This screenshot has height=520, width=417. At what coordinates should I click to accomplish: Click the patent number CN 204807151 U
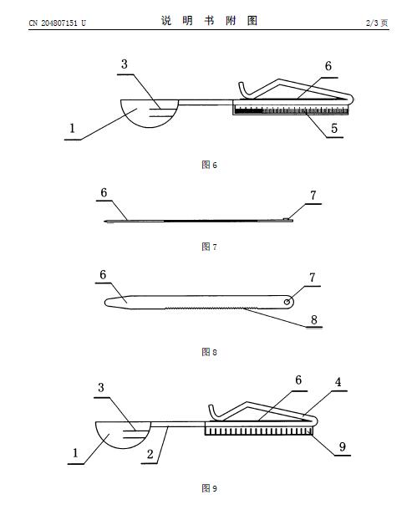click(x=57, y=23)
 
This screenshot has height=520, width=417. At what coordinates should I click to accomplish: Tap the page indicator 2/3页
click(x=377, y=23)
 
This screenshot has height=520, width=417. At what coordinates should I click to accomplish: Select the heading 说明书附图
click(x=209, y=21)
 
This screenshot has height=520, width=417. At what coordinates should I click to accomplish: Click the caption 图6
click(x=209, y=165)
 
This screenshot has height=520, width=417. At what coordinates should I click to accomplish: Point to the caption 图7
click(x=209, y=247)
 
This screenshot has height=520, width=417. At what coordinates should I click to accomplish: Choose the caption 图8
click(x=209, y=351)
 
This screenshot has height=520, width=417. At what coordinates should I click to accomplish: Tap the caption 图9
click(x=209, y=488)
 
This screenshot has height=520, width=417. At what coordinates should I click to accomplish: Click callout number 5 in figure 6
click(x=334, y=129)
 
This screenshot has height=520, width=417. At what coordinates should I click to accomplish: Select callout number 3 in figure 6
click(x=125, y=64)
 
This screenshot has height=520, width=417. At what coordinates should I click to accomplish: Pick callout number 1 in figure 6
click(x=72, y=128)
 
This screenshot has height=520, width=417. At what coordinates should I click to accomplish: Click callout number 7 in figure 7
click(x=313, y=196)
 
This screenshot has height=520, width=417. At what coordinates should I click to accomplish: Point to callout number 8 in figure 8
click(x=314, y=319)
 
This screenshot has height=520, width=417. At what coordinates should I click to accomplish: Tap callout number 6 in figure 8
click(x=103, y=274)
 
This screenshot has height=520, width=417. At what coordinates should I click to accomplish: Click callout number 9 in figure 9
click(x=343, y=447)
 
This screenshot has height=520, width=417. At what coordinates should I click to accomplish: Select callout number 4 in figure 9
click(x=338, y=382)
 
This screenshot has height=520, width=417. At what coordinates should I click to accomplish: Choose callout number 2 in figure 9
click(x=150, y=454)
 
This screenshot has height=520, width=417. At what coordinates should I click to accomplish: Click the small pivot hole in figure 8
click(x=287, y=302)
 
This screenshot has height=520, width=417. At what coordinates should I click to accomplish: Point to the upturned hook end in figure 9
click(x=212, y=412)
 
